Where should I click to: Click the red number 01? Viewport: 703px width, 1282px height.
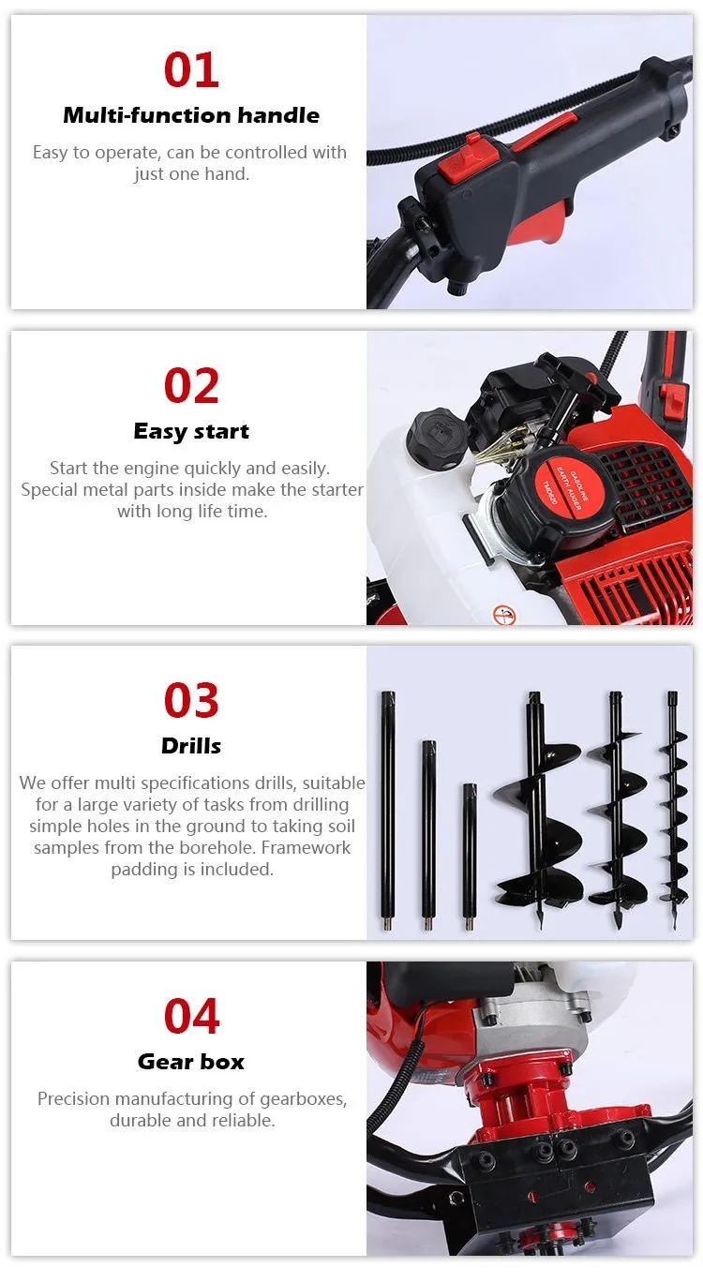pos(191,70)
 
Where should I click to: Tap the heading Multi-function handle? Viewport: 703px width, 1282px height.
pos(191,115)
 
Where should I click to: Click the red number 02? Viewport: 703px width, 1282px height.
pos(191,386)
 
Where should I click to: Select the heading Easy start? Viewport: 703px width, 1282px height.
pos(191,431)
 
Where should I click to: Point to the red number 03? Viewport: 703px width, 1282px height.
pos(191,701)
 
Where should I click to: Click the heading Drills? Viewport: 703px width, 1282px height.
pos(191,746)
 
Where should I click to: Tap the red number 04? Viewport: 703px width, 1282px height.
pos(191,1017)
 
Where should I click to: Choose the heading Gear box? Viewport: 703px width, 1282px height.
pos(191,1062)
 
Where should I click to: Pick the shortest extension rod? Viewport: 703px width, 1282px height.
pos(470,857)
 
